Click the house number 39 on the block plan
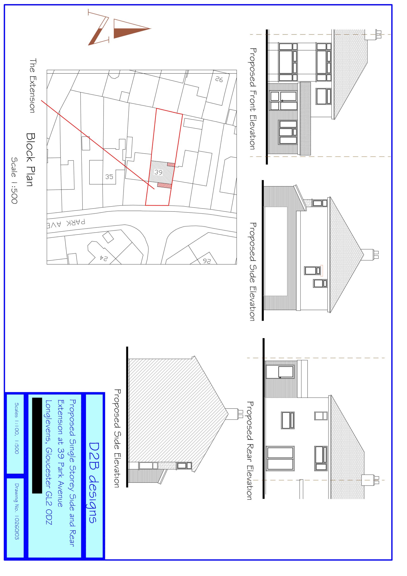[158, 172]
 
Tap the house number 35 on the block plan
[109, 177]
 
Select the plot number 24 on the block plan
[103, 258]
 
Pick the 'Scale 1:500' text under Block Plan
[14, 180]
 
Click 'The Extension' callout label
[32, 86]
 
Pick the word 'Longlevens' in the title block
[49, 421]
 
